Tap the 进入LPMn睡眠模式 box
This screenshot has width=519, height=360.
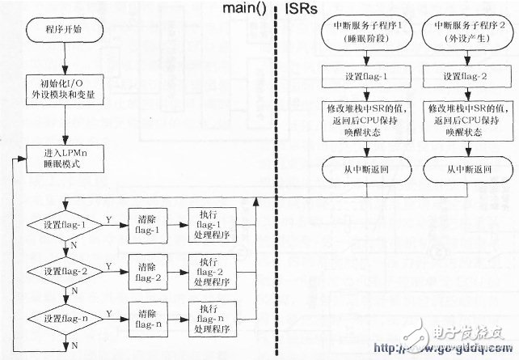click(65, 159)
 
